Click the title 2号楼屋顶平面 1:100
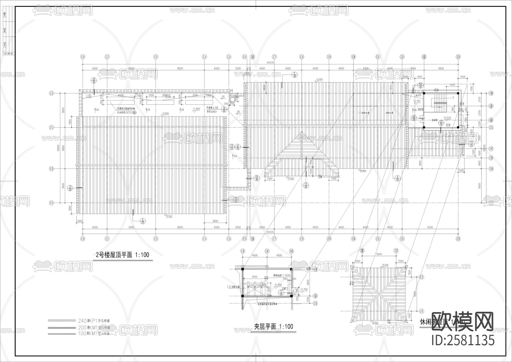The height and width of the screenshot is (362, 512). pos(123,255)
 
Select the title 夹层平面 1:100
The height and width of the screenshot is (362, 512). pos(273,327)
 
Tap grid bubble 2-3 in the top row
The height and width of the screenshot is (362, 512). pos(156,57)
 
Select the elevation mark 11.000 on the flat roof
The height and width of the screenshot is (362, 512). pos(196,109)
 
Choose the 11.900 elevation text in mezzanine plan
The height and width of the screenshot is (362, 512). pos(285,275)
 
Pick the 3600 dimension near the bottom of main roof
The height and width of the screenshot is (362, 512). pos(215,221)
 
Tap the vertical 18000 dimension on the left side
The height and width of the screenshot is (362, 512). pos(58,148)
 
